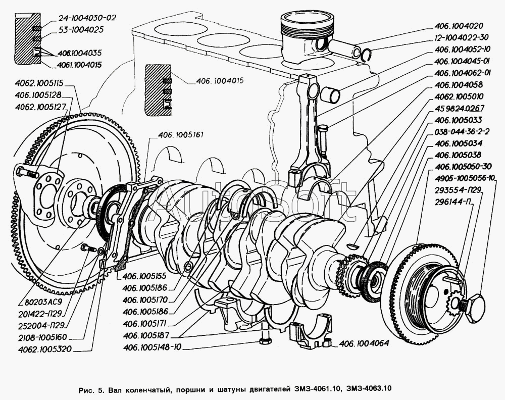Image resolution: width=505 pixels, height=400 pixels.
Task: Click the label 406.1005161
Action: (x=180, y=135)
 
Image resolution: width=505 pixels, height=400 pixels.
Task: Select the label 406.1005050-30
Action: (x=463, y=166)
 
